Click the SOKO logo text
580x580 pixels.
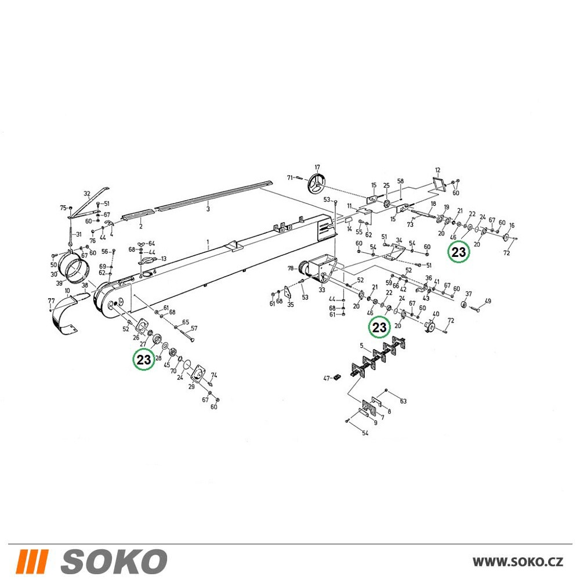(x=114, y=561)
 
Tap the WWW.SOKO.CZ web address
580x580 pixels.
(x=518, y=562)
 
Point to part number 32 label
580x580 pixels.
(x=87, y=194)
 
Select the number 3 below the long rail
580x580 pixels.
(x=208, y=209)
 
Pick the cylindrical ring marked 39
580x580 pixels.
(x=77, y=272)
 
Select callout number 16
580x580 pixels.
(x=512, y=225)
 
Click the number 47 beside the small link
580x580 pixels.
(x=327, y=378)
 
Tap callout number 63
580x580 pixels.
(x=403, y=401)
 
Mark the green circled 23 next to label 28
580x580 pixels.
(x=144, y=359)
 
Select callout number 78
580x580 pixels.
(x=291, y=268)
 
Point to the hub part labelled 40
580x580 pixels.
(x=430, y=327)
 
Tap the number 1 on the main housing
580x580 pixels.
(x=208, y=242)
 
